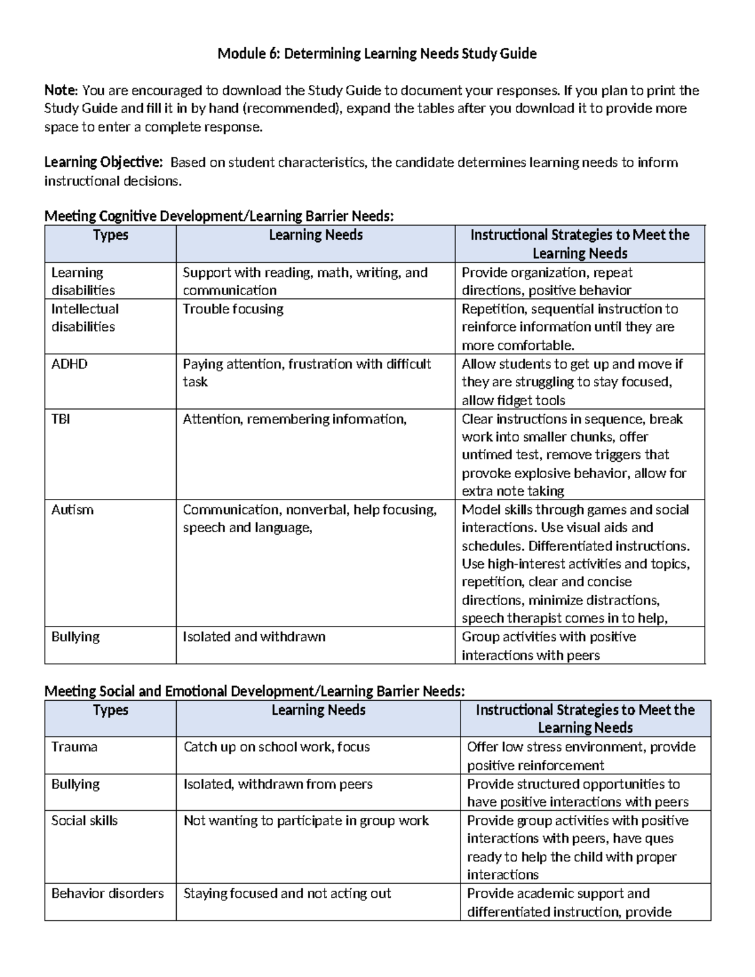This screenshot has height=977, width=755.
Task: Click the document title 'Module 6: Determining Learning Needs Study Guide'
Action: point(377,53)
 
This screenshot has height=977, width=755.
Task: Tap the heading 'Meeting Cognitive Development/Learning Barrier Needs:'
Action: point(219,216)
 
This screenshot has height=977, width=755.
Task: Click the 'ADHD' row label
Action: point(69,364)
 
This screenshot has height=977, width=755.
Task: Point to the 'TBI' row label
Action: point(60,419)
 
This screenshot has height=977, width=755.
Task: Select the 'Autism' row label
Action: point(72,510)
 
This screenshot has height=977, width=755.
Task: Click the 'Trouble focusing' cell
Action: point(233,309)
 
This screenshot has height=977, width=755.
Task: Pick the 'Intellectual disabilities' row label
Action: point(84,318)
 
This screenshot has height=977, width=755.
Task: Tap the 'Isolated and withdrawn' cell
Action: point(254,637)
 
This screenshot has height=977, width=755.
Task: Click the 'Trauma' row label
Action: point(74,747)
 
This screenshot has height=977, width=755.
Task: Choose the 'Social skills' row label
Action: point(84,821)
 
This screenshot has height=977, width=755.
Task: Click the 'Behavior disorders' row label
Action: point(108,893)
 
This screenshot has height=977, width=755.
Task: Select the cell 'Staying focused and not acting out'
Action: point(287,893)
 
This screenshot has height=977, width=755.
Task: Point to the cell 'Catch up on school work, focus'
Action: point(277,747)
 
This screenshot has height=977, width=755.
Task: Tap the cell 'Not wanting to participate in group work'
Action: point(306,821)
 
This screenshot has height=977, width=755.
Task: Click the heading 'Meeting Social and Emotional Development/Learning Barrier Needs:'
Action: point(255,691)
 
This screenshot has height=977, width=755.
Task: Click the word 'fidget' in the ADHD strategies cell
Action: point(514,401)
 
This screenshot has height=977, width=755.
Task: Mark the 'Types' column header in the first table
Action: point(111,235)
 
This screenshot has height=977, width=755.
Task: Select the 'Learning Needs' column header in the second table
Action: point(318,710)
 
